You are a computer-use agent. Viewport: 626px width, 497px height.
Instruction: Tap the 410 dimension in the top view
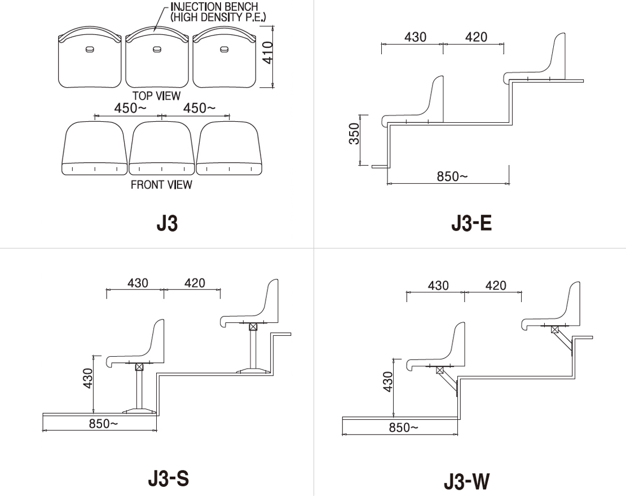(268, 52)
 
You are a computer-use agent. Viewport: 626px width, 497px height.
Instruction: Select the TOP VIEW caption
(157, 96)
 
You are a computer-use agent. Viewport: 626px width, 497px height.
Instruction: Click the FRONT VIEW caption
(161, 185)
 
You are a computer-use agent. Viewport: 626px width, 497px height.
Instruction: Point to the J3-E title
(471, 223)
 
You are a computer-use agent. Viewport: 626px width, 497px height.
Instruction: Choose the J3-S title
(168, 478)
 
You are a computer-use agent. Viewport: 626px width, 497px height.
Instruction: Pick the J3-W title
(466, 481)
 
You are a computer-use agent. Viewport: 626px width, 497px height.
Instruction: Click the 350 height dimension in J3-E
(354, 134)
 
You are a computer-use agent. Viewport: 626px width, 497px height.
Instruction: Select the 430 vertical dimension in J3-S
(87, 378)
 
